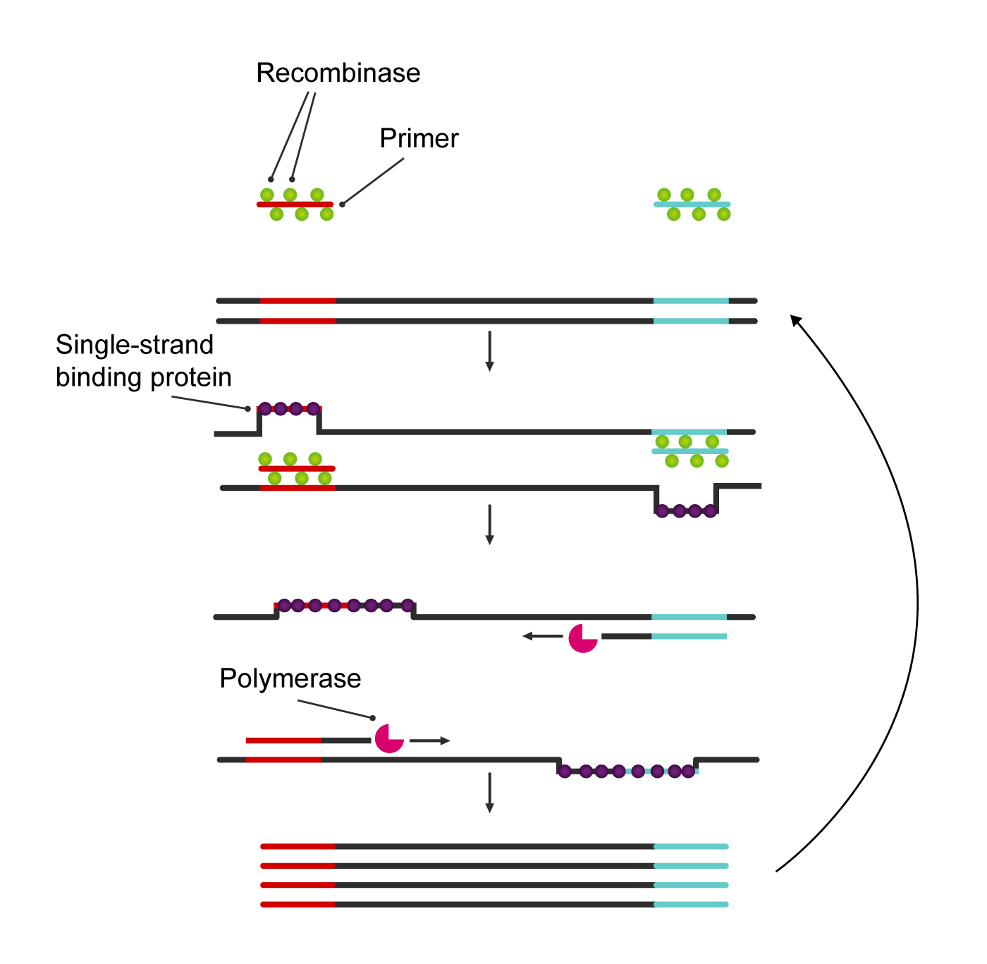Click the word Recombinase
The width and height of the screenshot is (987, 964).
[x=338, y=73]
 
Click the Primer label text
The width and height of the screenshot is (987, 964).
[x=419, y=138]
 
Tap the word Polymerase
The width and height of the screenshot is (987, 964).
[x=290, y=678]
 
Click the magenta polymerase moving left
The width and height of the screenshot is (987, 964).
[x=582, y=637]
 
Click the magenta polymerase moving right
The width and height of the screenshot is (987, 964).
[x=388, y=738]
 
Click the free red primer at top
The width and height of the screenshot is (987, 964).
[x=295, y=205]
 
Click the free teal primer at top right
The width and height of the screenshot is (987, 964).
[x=692, y=205]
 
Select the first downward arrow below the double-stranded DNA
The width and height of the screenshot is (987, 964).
[x=489, y=351]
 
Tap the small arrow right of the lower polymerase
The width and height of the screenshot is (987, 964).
[x=429, y=740]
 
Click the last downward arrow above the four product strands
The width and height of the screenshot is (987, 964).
[x=489, y=793]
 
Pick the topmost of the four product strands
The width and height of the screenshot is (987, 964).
[x=493, y=846]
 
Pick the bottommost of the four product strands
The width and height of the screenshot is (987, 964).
[x=493, y=904]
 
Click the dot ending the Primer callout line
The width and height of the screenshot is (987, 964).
[x=342, y=205]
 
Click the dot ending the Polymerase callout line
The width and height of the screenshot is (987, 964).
[x=373, y=718]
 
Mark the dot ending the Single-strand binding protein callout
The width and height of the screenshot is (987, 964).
[x=247, y=409]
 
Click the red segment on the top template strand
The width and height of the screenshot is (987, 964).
[x=298, y=300]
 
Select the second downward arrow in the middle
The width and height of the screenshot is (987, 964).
[x=489, y=525]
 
